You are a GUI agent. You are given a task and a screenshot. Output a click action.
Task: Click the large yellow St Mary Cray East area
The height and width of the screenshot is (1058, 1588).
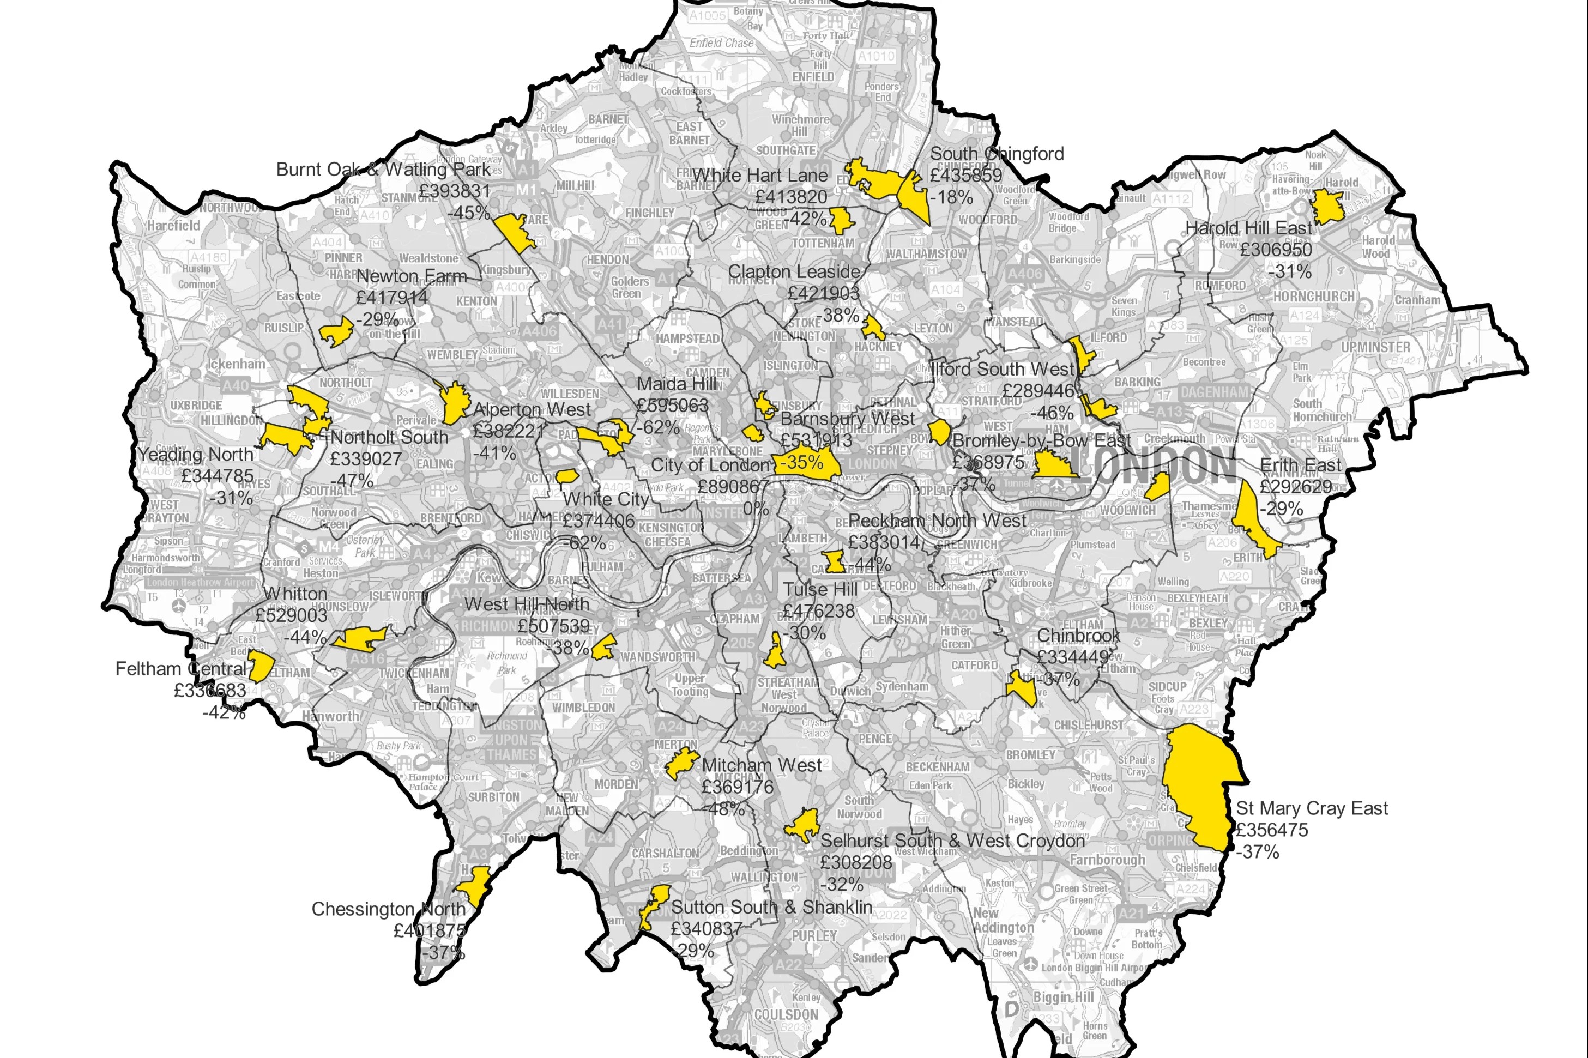1201,786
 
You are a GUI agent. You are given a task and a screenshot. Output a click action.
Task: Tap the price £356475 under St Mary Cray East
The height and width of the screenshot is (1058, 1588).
1271,830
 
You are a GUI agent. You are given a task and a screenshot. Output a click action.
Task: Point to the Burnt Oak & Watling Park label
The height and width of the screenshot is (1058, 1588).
383,170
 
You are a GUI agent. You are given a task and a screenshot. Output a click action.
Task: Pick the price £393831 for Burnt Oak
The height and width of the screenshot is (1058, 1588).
454,191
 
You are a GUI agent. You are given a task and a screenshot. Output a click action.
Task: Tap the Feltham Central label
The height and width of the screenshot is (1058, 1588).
181,669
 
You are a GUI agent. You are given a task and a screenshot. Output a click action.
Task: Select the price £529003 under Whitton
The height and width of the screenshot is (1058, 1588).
291,615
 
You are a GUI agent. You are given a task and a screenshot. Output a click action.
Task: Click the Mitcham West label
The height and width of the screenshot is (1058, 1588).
761,765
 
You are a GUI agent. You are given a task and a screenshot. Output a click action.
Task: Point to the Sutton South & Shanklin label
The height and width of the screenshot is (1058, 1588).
771,907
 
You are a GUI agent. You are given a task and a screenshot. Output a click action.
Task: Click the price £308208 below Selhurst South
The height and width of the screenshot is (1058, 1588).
856,862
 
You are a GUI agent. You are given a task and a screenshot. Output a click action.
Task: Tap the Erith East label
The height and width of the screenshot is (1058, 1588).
1301,465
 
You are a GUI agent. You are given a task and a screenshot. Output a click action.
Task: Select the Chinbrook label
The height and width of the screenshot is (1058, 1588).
1078,636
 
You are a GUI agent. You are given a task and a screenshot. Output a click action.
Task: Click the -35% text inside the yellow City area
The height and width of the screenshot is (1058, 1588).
801,463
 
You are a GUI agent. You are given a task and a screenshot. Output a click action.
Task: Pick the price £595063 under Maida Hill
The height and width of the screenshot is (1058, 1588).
672,406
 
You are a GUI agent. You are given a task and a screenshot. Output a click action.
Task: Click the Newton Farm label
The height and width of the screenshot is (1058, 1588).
411,276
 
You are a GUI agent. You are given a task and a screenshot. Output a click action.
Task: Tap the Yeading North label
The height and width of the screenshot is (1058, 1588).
195,454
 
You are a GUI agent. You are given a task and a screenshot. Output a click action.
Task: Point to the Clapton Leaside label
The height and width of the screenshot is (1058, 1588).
794,272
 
